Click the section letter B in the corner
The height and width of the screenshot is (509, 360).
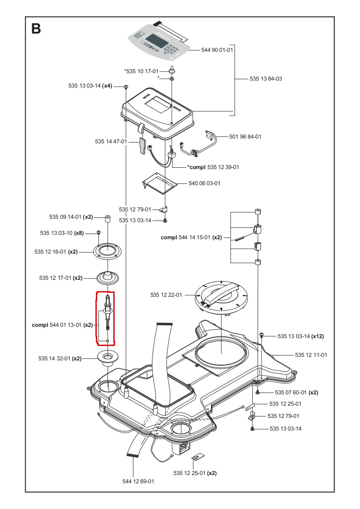36,29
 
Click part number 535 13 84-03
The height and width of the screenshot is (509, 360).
266,79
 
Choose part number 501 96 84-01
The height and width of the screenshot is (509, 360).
245,136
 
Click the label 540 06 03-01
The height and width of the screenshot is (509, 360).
204,183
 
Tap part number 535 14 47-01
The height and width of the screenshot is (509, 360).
111,142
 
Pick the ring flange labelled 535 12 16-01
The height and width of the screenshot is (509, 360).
107,252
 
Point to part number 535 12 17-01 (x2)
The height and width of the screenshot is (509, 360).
61,278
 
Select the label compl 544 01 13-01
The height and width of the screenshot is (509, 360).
62,325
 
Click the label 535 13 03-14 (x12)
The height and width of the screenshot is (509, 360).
301,336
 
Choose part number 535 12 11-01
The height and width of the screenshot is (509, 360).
311,355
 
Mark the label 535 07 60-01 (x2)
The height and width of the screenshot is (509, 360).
296,393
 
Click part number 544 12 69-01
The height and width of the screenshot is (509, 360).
138,481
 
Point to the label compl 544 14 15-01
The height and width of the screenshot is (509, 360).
191,238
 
